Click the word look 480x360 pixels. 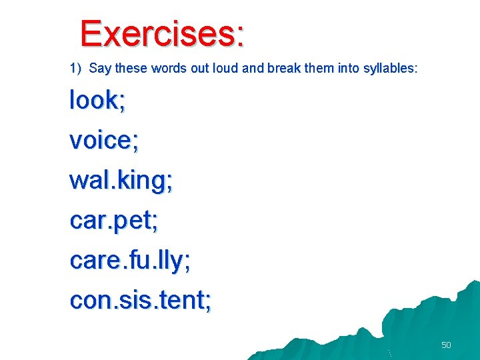(x=93, y=100)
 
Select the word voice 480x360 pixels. (x=100, y=140)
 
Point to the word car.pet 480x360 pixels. (x=111, y=221)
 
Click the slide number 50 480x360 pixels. (x=446, y=345)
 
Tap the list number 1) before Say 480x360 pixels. (x=75, y=68)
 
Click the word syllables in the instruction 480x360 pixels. (x=389, y=68)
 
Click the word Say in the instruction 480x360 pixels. (x=99, y=68)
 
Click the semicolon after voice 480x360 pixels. (x=135, y=143)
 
